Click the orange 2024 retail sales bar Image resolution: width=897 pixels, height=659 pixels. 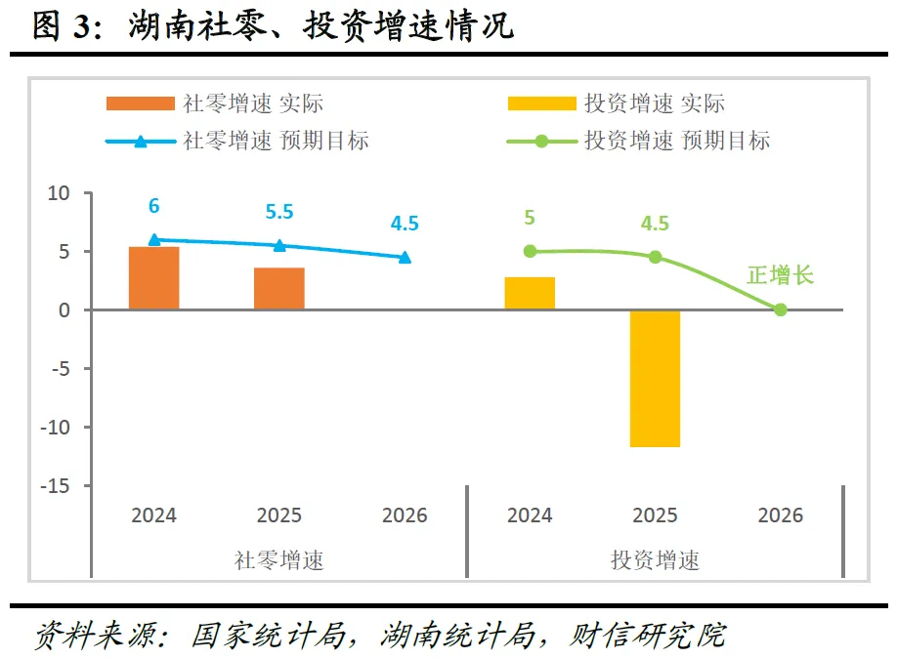pyautogui.click(x=154, y=278)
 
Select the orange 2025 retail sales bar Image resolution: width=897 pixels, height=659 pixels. pyautogui.click(x=279, y=288)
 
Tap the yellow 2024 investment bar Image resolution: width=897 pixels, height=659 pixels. pyautogui.click(x=530, y=293)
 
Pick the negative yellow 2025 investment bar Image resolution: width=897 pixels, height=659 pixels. pyautogui.click(x=655, y=378)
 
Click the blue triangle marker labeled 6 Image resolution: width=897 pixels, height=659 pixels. pyautogui.click(x=154, y=240)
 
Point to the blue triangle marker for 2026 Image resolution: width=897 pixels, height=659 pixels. pyautogui.click(x=405, y=257)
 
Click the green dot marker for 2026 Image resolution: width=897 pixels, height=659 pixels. pyautogui.click(x=780, y=309)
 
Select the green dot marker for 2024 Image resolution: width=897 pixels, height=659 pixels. pyautogui.click(x=530, y=251)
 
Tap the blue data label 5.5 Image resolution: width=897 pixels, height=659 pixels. pyautogui.click(x=279, y=212)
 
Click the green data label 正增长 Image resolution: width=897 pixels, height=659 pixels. pyautogui.click(x=780, y=275)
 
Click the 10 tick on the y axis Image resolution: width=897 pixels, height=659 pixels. pyautogui.click(x=60, y=193)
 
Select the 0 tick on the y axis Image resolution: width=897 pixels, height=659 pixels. pyautogui.click(x=64, y=310)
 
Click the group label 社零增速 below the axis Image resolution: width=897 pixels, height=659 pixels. pyautogui.click(x=278, y=560)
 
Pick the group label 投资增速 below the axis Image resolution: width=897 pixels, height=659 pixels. pyautogui.click(x=655, y=560)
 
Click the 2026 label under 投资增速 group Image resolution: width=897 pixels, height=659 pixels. pyautogui.click(x=780, y=515)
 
